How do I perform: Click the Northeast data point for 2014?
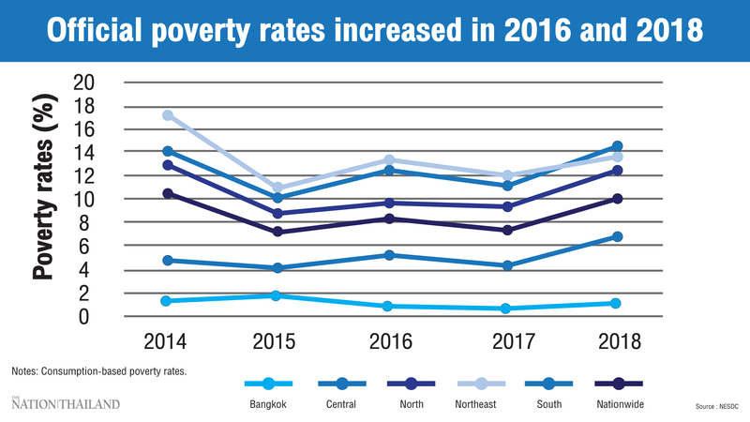[168, 115]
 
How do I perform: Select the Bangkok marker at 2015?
[276, 295]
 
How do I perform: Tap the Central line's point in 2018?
[616, 236]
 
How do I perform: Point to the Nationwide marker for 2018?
[616, 199]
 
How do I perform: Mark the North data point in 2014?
[168, 165]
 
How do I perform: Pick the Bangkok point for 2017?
[506, 309]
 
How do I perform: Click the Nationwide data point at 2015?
[276, 232]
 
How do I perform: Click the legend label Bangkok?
[269, 404]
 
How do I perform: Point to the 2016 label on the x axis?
[389, 342]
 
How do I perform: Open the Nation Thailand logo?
[66, 403]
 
